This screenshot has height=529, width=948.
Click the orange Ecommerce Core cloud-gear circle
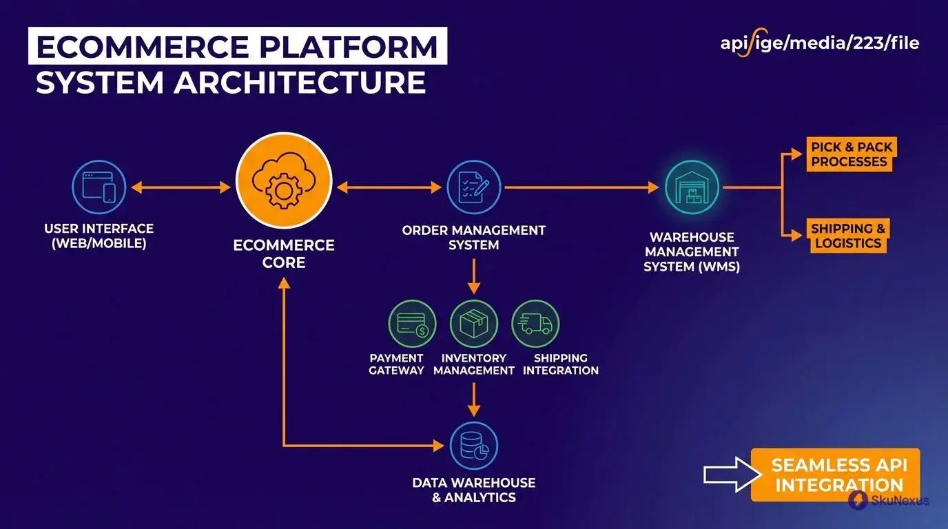283,180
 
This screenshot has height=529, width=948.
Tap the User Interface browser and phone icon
99,187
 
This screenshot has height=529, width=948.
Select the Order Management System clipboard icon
473,187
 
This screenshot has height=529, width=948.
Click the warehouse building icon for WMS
692,187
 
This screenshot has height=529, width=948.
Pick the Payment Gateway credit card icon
412,324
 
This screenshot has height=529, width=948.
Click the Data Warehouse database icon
473,446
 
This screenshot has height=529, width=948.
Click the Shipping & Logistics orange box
847,236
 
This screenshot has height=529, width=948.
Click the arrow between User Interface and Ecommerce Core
181,187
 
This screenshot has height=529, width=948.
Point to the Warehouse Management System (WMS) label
692,252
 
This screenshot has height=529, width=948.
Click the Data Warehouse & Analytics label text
473,490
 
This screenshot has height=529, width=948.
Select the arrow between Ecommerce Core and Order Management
389,187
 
